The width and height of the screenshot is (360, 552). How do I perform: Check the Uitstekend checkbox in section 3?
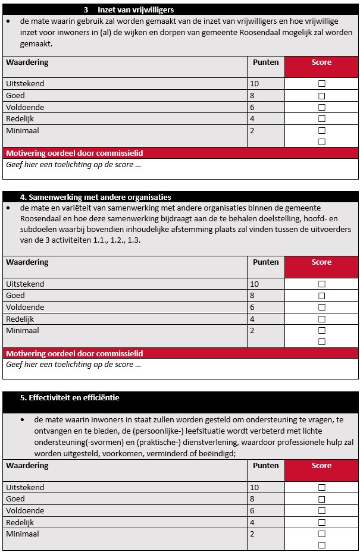click(322, 84)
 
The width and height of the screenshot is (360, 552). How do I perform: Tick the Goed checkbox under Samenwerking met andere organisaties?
click(322, 296)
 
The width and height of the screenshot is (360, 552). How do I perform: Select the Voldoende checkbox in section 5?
click(322, 511)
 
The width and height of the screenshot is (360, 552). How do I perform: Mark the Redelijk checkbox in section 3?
click(322, 119)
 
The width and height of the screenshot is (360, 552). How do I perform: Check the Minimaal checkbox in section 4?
click(322, 331)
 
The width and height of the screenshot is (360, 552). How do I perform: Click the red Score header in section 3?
click(321, 62)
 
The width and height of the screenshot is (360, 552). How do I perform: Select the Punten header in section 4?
click(265, 262)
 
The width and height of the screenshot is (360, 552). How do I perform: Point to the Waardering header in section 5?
click(27, 466)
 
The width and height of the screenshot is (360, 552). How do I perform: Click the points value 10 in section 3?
click(254, 84)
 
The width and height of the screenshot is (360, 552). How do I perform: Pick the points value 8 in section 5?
click(252, 499)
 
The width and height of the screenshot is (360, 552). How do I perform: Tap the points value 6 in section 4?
click(252, 308)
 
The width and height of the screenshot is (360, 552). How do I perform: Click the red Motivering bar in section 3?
click(74, 153)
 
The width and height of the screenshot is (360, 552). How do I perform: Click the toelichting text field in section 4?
click(179, 368)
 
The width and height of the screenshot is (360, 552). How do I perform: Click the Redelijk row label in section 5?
click(20, 522)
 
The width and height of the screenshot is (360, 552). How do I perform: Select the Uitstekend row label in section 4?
click(25, 284)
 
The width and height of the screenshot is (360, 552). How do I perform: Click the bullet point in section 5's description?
click(22, 420)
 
